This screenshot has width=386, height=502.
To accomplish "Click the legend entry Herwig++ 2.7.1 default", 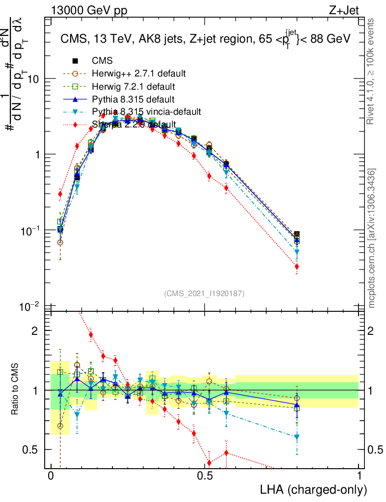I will tap(138, 74).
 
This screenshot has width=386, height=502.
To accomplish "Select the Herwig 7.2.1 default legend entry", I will tap(133, 87).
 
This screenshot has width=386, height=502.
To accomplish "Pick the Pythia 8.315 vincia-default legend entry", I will tap(146, 112).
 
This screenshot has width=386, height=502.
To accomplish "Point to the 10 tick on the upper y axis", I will tap(33, 79).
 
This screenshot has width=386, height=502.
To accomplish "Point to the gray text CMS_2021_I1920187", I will tap(204, 293).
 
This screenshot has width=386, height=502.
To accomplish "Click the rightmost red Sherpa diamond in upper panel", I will tap(297, 267).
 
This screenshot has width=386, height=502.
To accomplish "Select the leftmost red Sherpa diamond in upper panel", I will tap(60, 194).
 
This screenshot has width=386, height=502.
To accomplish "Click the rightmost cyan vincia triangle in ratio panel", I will tap(297, 437).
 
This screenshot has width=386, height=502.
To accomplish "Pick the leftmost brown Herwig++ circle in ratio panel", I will tap(60, 426).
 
